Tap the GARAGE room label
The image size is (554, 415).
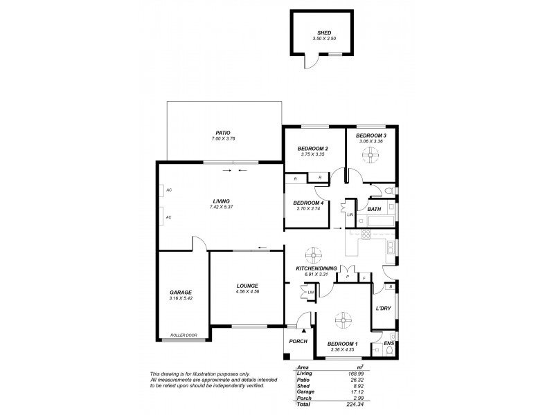point(180,292)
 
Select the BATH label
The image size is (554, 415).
point(374,209)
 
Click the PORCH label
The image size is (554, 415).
point(297,342)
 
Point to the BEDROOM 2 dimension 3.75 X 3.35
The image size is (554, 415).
point(312,154)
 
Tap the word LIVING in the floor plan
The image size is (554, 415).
point(221,201)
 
